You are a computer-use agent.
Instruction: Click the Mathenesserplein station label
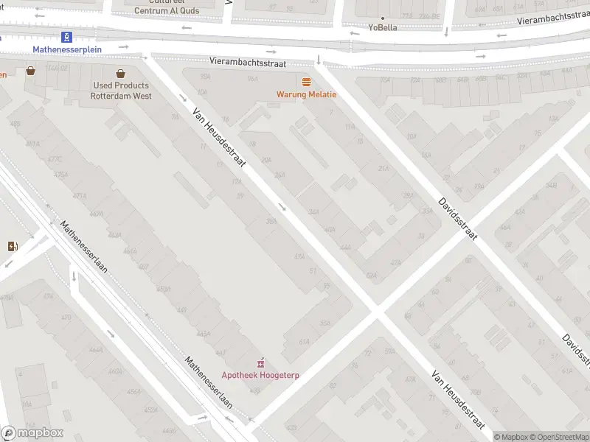(67, 49)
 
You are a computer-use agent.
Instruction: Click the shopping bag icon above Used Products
(121, 73)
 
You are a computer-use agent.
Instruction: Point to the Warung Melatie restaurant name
(306, 94)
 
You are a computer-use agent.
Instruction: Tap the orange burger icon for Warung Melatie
(306, 81)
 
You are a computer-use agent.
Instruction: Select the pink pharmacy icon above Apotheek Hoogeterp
(260, 362)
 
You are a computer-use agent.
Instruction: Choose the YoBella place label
(383, 27)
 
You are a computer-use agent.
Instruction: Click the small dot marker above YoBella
(382, 18)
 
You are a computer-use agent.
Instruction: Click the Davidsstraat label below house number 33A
(457, 219)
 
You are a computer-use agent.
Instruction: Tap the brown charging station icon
(12, 246)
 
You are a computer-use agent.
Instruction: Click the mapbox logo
(32, 433)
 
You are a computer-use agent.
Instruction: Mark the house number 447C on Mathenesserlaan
(52, 160)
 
